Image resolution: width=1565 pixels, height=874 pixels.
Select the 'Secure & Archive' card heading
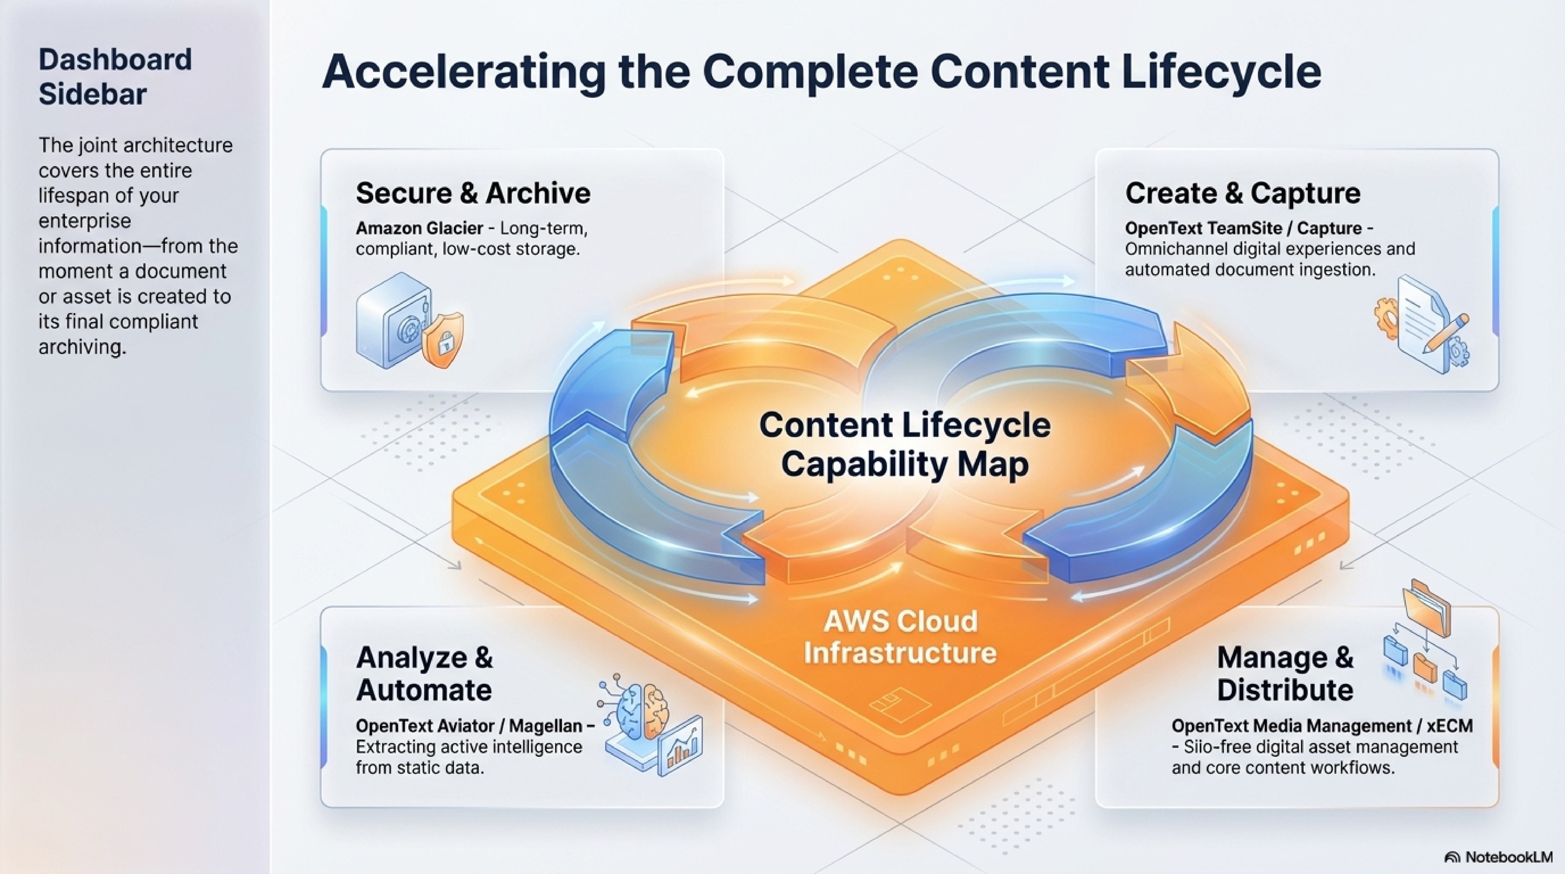point(473,193)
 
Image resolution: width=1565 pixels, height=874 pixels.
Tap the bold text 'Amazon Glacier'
point(419,229)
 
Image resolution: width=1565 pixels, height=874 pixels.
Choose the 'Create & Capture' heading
point(1242,193)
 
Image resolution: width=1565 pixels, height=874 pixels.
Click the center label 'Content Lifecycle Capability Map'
point(904,444)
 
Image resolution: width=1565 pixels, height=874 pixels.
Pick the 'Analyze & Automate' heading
point(424,674)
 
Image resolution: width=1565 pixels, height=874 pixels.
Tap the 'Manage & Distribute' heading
point(1285,674)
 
